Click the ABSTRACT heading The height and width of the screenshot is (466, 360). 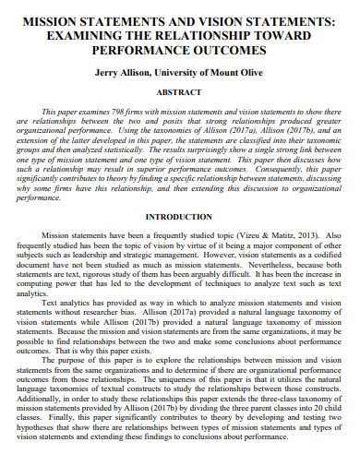coord(180,92)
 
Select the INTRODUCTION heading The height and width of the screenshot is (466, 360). coord(180,217)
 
